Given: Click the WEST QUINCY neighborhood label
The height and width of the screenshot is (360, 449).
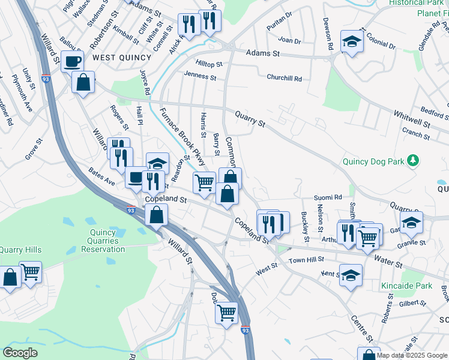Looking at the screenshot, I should pos(116,57).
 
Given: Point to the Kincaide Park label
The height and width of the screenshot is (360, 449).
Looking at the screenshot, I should pos(406,286).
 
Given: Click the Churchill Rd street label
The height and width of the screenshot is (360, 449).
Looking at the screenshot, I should pos(285,78).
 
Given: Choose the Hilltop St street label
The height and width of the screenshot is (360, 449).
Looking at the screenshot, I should pos(209,63).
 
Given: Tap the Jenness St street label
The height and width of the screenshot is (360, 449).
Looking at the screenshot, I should pos(200,76).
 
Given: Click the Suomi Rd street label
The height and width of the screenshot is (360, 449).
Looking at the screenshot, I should pos(328,197).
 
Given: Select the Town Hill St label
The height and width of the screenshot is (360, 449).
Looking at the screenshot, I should pos(306,259).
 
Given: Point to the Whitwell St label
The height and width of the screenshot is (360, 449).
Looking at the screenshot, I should pos(412,119).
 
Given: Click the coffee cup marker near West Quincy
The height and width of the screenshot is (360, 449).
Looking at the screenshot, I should pos(73,61).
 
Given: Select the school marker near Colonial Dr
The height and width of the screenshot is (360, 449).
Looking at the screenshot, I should pos(351,41).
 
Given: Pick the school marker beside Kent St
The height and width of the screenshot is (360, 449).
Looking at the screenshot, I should pos(351,275).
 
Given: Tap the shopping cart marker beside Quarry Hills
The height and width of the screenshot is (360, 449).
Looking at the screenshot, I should pos(30,272).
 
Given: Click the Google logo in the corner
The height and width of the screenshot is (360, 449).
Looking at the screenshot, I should pos(20,353).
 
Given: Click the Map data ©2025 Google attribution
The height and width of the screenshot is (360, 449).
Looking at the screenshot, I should pos(412,355).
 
